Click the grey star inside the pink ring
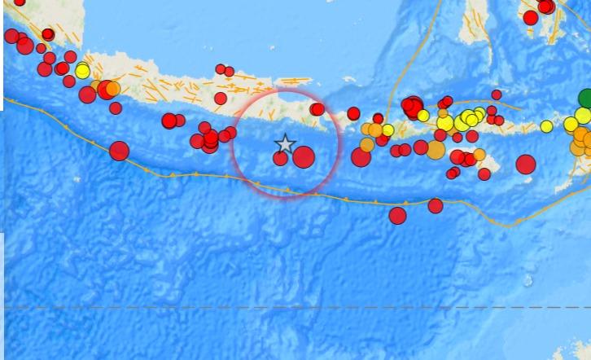coord(284,144)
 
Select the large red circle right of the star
coord(304,156)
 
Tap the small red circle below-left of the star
coord(280,158)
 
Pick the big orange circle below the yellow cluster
coord(436,150)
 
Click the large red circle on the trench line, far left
coord(120,151)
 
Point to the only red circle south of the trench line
coord(397,215)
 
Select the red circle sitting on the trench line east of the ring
coord(436,205)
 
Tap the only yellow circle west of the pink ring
coord(82,71)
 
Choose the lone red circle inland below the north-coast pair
coord(220,99)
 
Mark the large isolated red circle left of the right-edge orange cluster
coord(526,164)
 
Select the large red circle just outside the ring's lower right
coord(361,157)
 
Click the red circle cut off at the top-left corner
coord(19,2)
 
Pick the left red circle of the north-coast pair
coord(221,68)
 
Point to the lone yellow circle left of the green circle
coord(546,126)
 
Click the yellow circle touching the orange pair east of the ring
coord(388,130)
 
